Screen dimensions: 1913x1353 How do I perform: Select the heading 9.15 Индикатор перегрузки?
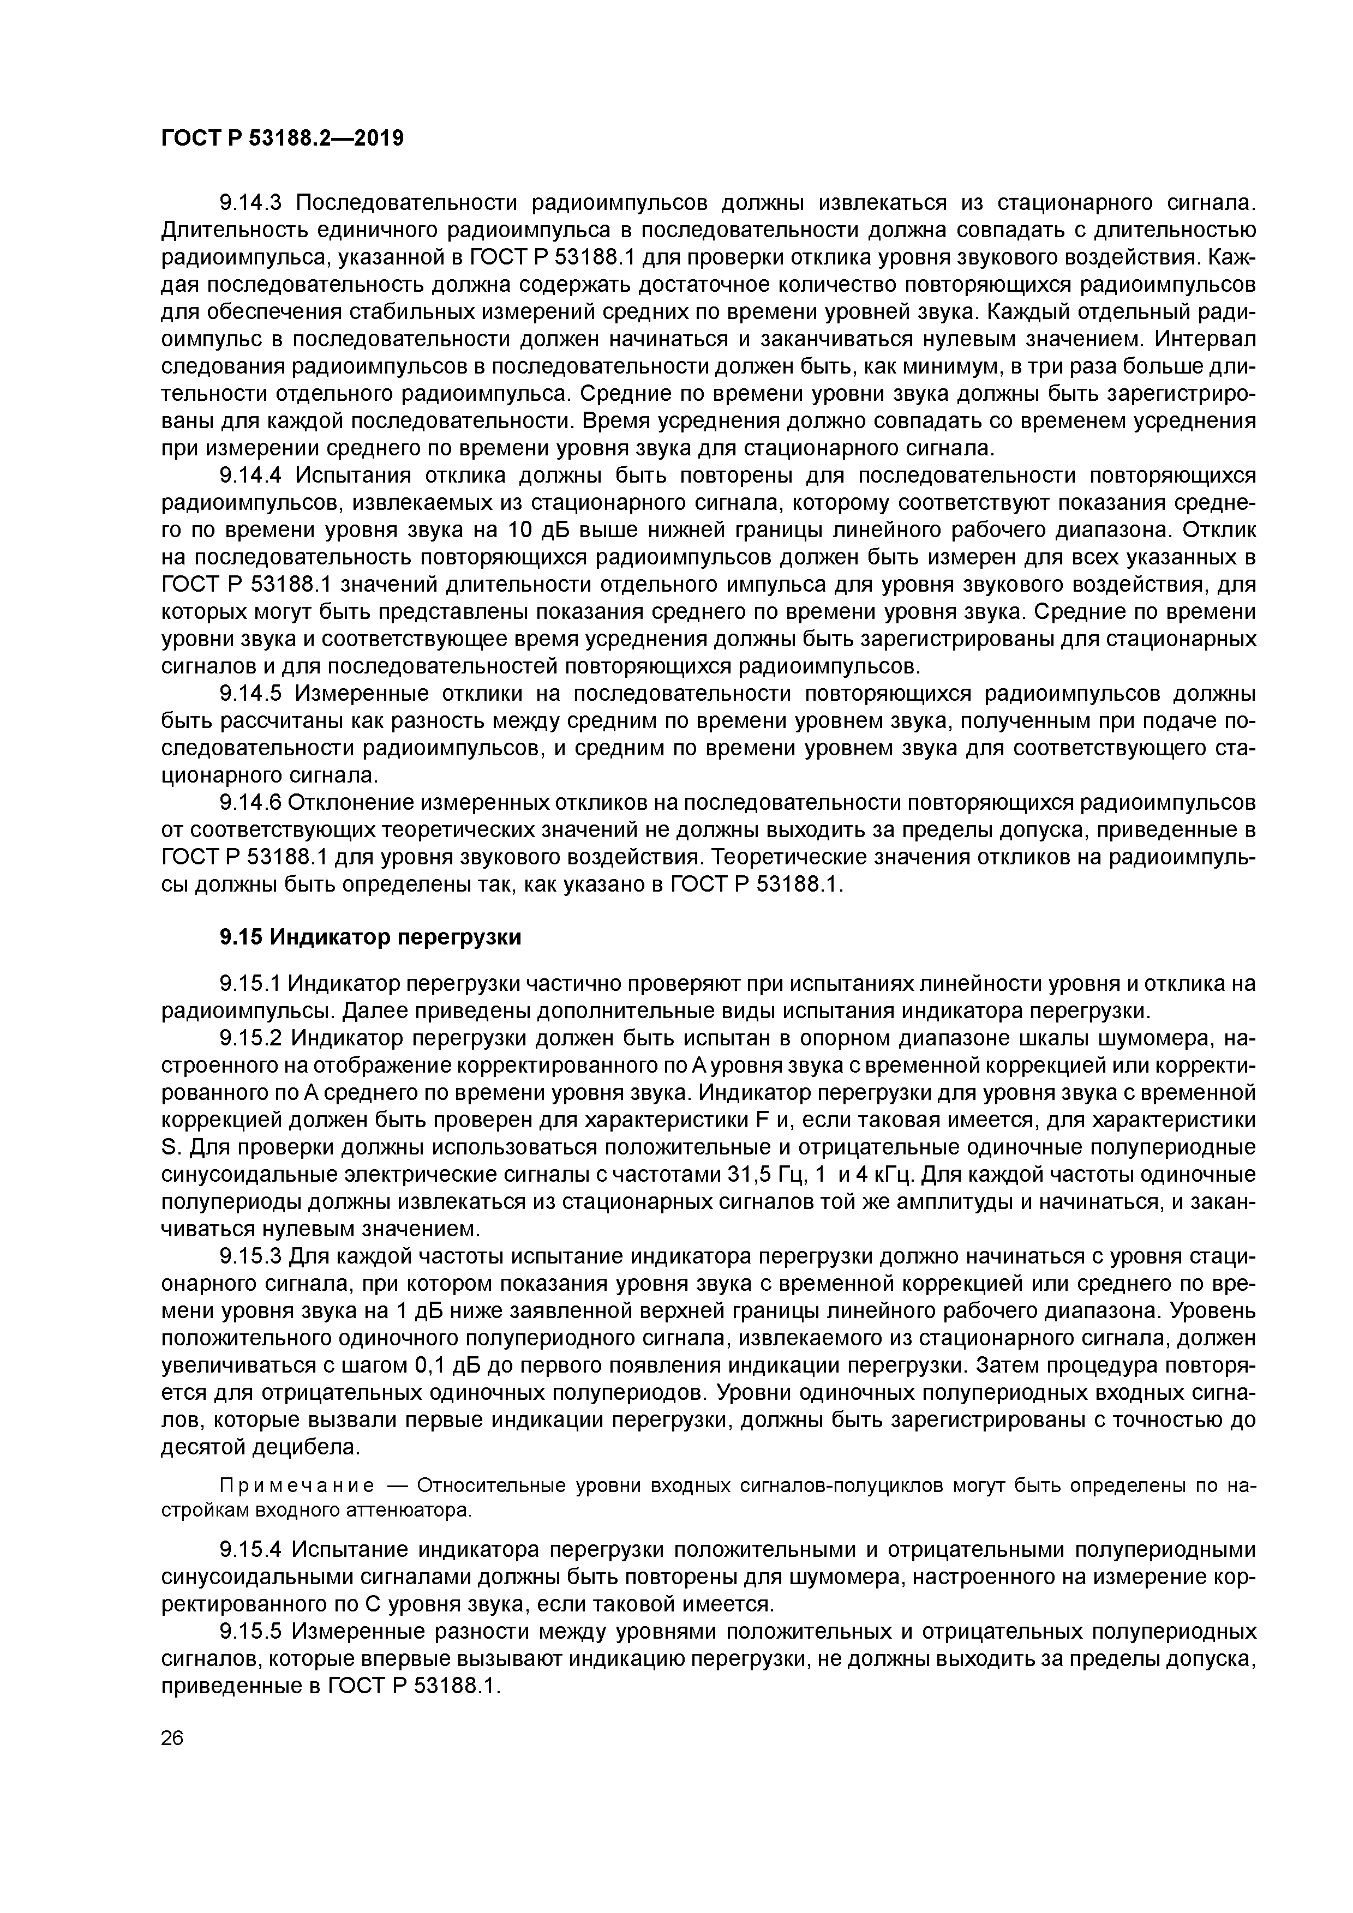pyautogui.click(x=370, y=937)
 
